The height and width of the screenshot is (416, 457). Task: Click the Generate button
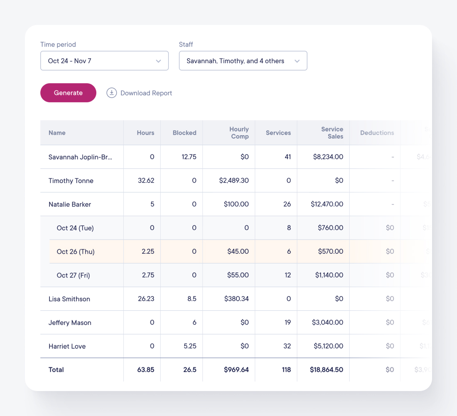(x=68, y=93)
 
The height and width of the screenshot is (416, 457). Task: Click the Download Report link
(x=146, y=93)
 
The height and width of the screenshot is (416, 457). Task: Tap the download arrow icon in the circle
(x=111, y=93)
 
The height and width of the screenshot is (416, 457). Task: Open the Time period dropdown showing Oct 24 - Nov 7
(x=104, y=61)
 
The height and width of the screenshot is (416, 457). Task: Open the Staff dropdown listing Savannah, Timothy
(x=243, y=61)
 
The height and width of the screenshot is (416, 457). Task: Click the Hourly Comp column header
(x=239, y=133)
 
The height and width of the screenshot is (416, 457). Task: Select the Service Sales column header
(x=332, y=133)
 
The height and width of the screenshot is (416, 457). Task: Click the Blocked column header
(x=184, y=133)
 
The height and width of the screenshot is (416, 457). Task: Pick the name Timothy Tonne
(x=71, y=181)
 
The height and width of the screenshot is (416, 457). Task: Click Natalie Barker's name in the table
(x=70, y=204)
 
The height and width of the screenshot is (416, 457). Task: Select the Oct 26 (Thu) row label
(x=76, y=252)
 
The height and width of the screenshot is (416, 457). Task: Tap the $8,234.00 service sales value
(x=328, y=157)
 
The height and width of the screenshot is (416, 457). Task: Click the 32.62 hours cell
(x=146, y=181)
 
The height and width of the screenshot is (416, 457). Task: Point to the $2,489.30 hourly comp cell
(x=234, y=181)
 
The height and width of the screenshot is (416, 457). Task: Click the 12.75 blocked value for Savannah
(x=189, y=157)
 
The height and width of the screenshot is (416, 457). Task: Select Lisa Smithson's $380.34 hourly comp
(x=236, y=299)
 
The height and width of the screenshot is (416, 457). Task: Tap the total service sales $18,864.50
(x=327, y=369)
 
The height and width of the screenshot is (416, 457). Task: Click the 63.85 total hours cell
(x=146, y=369)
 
